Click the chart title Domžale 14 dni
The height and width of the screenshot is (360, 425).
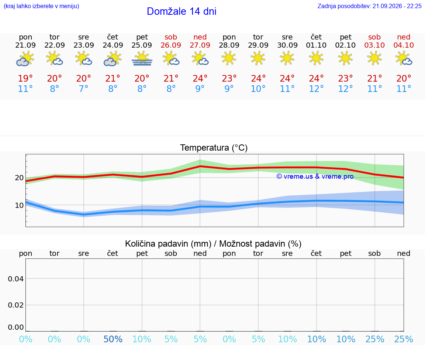[x=182, y=11]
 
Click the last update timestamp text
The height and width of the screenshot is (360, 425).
[x=369, y=6]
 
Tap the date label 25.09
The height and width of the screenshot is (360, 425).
[x=142, y=45]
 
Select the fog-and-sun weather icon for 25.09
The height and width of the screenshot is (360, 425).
[x=142, y=59]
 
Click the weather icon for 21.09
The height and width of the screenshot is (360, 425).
[x=25, y=59]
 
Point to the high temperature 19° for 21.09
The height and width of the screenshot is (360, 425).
[x=25, y=78]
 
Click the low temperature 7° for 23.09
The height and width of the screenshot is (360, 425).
[x=83, y=89]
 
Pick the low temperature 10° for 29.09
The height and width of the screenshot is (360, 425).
[x=258, y=89]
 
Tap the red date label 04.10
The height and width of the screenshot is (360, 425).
[x=404, y=45]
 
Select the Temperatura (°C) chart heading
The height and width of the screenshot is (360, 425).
[x=214, y=148]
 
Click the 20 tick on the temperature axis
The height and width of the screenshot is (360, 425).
[x=19, y=178]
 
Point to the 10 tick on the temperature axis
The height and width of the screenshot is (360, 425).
[x=19, y=205]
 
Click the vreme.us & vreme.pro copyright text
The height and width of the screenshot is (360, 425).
[x=315, y=176]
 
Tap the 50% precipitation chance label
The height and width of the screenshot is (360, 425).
[x=113, y=339]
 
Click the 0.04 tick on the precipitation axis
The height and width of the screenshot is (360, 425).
[x=16, y=279]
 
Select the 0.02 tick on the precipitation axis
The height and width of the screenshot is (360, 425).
[x=16, y=305]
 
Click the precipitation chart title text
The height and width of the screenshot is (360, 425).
[x=213, y=244]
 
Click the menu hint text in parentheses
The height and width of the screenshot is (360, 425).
[x=41, y=6]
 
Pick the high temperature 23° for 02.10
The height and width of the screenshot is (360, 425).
[x=345, y=78]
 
